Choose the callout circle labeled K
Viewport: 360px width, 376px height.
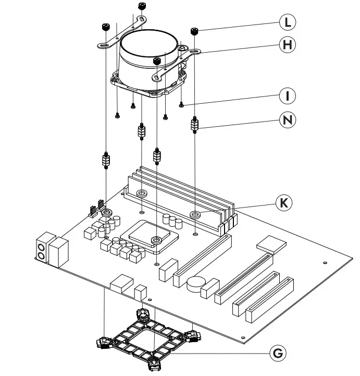[x=284, y=203]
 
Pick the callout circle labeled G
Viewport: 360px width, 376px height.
[x=279, y=353]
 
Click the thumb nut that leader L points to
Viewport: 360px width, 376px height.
[x=195, y=31]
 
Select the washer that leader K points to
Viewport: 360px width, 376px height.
[x=196, y=214]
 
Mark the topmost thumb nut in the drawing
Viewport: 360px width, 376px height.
[x=141, y=6]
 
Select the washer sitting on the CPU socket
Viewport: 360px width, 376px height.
[x=156, y=240]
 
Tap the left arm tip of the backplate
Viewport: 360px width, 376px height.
[x=102, y=342]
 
